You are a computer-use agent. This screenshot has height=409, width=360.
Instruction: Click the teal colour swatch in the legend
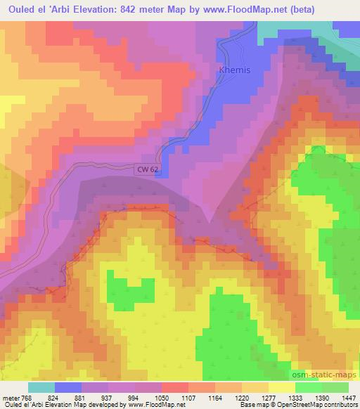tap(42, 387)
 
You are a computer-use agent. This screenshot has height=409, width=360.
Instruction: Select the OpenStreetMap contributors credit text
tap(321, 405)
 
